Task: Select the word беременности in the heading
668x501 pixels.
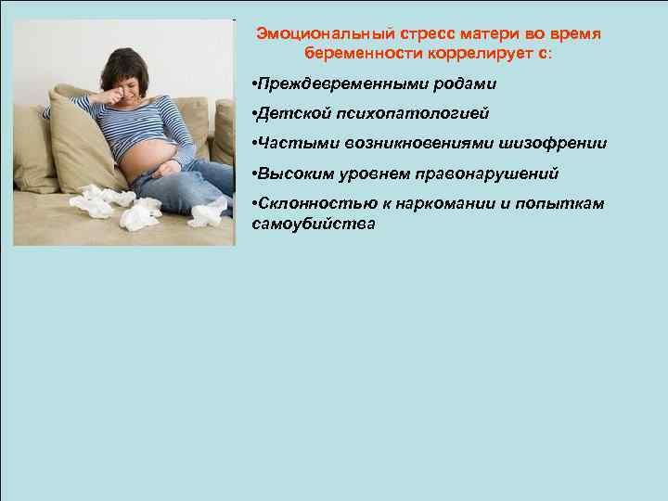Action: (x=364, y=54)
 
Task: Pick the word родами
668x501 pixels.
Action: (x=465, y=83)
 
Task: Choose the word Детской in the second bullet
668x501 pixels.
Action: (x=294, y=113)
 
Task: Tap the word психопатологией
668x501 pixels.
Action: (x=413, y=114)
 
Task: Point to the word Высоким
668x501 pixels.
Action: (x=296, y=173)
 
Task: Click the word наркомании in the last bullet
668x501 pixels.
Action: (x=445, y=203)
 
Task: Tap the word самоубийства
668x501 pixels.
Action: (x=314, y=225)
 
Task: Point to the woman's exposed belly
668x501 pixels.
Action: (x=147, y=158)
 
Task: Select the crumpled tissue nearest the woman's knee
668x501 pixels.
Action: (x=208, y=213)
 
